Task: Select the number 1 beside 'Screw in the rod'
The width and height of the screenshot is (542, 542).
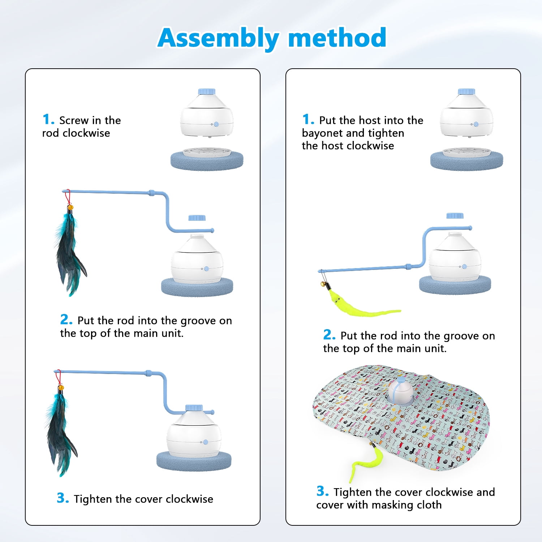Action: point(48,119)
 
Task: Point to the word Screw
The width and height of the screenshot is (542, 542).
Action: point(74,120)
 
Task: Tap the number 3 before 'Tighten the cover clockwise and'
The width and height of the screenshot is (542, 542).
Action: point(322,491)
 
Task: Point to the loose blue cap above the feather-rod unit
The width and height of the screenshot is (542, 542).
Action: point(197,218)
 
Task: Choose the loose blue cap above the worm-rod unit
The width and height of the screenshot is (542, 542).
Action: point(455,216)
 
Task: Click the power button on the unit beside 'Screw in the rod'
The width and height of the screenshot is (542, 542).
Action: point(216,124)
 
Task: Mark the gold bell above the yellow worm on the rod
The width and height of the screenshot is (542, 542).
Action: point(322,285)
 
